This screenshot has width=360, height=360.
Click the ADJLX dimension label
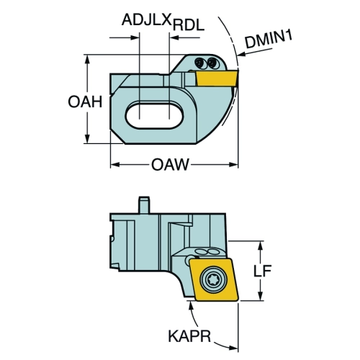(147, 19)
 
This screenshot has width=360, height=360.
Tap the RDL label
(189, 25)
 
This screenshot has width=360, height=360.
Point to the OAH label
(85, 102)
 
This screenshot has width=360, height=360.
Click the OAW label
(170, 165)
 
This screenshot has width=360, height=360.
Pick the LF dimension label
(263, 271)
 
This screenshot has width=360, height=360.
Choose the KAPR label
(189, 336)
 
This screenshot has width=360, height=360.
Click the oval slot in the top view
(155, 115)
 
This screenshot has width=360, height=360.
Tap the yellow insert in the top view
(217, 78)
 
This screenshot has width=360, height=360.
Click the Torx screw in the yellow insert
(212, 279)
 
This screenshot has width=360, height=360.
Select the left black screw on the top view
(199, 63)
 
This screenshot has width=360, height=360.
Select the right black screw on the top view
(212, 63)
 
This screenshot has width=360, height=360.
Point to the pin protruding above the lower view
(144, 204)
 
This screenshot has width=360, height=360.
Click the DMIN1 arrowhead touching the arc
(241, 55)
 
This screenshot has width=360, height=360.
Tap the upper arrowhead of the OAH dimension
(87, 60)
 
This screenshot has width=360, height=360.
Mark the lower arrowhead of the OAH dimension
(87, 139)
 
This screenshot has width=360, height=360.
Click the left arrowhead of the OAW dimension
(115, 165)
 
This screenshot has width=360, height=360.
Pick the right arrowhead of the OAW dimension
(233, 165)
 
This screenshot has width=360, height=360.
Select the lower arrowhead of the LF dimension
(260, 296)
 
